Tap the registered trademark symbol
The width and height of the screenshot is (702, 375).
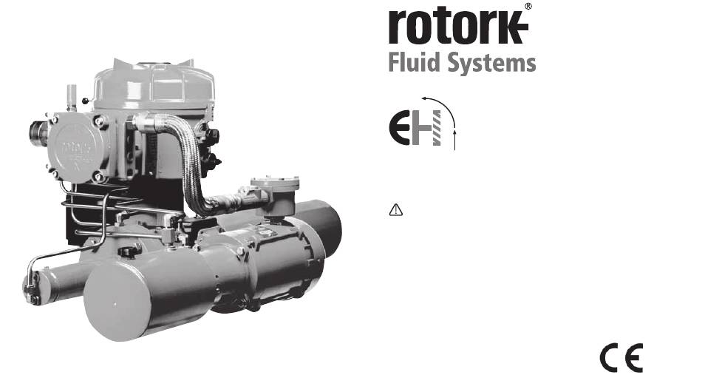click(x=528, y=6)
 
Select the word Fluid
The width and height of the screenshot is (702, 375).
click(x=414, y=62)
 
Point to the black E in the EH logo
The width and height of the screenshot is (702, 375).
click(x=399, y=128)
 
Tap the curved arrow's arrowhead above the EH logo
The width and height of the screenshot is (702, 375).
click(x=424, y=98)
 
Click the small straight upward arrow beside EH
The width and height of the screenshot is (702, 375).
click(x=454, y=140)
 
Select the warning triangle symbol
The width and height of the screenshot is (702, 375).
click(x=396, y=209)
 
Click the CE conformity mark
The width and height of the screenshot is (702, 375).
click(x=621, y=357)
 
